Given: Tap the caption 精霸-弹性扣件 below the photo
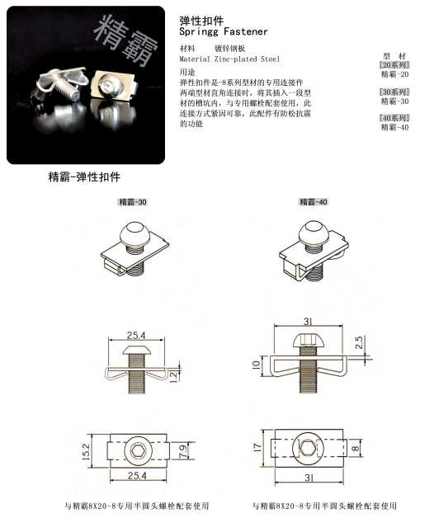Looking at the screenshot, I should click(84, 177).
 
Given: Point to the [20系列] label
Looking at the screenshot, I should click(394, 64).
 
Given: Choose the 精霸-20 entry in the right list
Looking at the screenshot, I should click(394, 74).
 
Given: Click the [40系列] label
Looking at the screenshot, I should click(394, 118).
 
